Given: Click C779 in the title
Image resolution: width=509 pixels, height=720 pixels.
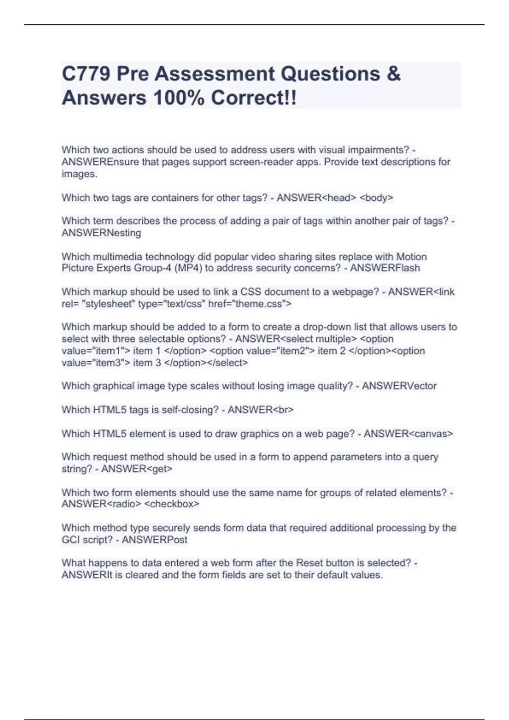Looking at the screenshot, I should click(86, 74).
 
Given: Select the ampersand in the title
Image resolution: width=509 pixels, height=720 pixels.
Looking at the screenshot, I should click(394, 74).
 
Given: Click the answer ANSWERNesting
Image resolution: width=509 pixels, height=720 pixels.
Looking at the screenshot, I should click(101, 233).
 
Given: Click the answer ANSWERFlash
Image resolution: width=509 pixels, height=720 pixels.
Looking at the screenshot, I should click(385, 268).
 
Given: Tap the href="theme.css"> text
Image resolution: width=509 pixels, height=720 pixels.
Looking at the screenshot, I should click(250, 304).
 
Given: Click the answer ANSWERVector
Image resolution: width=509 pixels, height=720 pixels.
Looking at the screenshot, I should click(399, 386).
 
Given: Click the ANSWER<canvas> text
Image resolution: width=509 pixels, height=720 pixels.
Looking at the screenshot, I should click(408, 434).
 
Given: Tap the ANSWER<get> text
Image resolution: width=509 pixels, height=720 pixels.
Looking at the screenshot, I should click(137, 469).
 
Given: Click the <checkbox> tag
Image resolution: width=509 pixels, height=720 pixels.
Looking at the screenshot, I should click(172, 504).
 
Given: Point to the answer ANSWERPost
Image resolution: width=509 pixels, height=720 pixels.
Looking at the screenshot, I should click(154, 540).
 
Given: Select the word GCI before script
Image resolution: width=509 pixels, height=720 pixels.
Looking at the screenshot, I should click(71, 540).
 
